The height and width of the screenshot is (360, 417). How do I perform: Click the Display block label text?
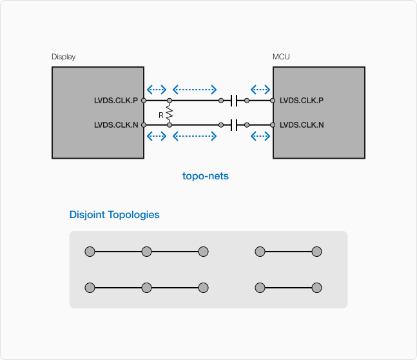coord(63,57)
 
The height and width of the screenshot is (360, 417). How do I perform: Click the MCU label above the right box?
coord(281,57)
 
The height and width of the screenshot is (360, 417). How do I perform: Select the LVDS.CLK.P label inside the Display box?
coord(116,101)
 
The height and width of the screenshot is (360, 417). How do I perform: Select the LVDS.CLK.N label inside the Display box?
coord(116,125)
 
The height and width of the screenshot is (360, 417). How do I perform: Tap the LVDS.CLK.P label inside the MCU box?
coord(302,101)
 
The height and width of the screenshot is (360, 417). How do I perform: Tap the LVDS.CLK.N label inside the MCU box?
coord(302,125)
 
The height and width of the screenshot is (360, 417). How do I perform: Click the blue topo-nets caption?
coord(206,175)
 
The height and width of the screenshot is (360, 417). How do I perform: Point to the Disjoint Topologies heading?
coord(114,215)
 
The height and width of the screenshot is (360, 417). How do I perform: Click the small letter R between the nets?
coord(160,114)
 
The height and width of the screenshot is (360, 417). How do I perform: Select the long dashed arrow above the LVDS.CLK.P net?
coord(195,90)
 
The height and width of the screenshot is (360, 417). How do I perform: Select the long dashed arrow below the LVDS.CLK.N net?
coord(195,136)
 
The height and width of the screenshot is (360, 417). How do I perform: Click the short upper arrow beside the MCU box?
coord(260,90)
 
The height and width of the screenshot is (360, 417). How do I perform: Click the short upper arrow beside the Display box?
coord(157,90)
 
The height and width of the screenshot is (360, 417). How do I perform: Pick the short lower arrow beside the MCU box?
coord(260,136)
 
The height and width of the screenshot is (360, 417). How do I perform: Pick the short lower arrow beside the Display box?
coord(157,136)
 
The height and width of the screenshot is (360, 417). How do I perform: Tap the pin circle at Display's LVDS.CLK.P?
coord(144,101)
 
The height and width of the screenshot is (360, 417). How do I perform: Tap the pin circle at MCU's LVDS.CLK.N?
coord(273,125)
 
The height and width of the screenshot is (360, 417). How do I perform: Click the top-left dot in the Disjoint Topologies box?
coord(90,252)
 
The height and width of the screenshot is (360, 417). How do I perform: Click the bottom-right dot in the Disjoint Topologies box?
coord(316,288)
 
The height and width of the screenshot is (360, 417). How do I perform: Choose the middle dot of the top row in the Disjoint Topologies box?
coord(203,252)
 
